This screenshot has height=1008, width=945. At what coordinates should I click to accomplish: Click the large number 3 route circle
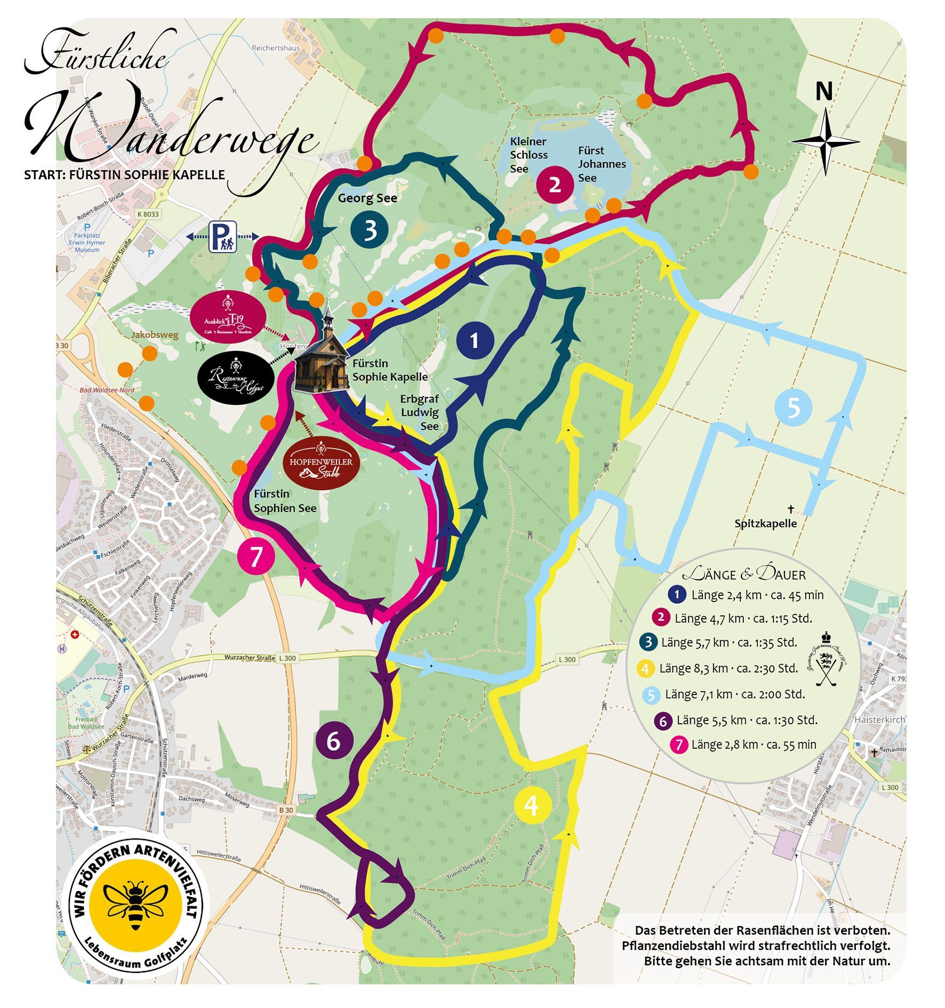370,230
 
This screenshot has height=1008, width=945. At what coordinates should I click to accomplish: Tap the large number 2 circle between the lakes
555,185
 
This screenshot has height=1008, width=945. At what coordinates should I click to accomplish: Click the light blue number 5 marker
793,407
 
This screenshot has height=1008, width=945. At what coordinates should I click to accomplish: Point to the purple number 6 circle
333,741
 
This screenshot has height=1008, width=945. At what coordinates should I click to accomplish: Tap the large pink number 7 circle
257,557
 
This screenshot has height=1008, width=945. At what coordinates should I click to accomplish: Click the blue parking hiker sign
222,237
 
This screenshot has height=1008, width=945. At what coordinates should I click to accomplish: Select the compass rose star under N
824,142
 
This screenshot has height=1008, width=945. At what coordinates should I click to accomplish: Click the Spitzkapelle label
765,524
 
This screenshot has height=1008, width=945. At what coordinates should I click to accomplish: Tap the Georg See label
367,198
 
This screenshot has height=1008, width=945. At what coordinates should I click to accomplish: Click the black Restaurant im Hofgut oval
235,378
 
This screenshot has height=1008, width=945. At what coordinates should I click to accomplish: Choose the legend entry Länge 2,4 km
757,595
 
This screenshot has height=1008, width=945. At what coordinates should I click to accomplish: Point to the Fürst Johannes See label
602,164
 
